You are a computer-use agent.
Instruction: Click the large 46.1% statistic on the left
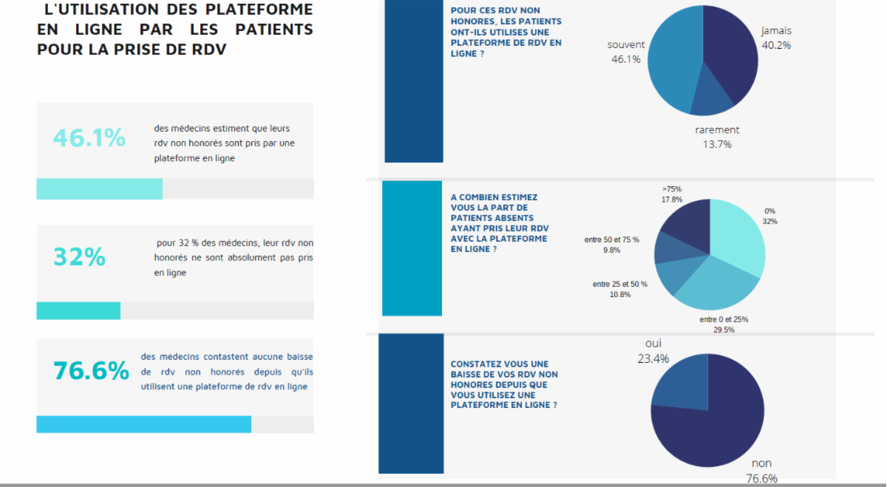coord(89,137)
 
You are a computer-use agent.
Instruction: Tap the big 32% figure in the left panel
coord(79,256)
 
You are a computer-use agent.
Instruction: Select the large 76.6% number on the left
coord(91,370)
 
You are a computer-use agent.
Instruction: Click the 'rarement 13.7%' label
coord(717,137)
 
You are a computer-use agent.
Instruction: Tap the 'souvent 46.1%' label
coord(625,52)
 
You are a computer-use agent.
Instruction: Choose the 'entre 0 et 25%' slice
coord(721,285)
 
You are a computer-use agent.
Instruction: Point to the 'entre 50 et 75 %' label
coord(611,245)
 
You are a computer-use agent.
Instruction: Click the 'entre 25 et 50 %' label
coord(620,289)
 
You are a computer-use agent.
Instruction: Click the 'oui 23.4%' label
coord(653,352)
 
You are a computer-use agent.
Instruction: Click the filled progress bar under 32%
coord(78,311)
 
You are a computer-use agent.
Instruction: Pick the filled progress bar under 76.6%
coord(144,424)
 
